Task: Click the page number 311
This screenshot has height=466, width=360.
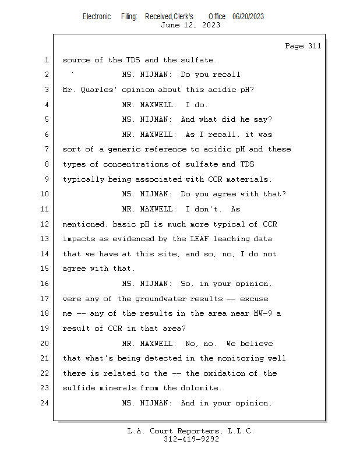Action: (x=315, y=46)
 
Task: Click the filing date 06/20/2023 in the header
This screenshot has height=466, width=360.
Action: (x=248, y=17)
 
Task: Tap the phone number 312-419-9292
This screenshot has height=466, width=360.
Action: (x=191, y=439)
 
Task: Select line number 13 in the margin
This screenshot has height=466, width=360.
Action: (x=45, y=239)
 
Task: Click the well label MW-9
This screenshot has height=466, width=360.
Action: (x=263, y=313)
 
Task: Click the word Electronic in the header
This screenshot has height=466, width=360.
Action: (x=97, y=17)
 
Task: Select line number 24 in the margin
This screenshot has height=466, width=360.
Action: (x=45, y=403)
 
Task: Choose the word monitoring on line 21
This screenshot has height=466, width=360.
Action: (x=240, y=358)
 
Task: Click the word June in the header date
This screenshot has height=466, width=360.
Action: (x=170, y=25)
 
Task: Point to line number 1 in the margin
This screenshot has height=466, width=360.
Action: (x=47, y=60)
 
